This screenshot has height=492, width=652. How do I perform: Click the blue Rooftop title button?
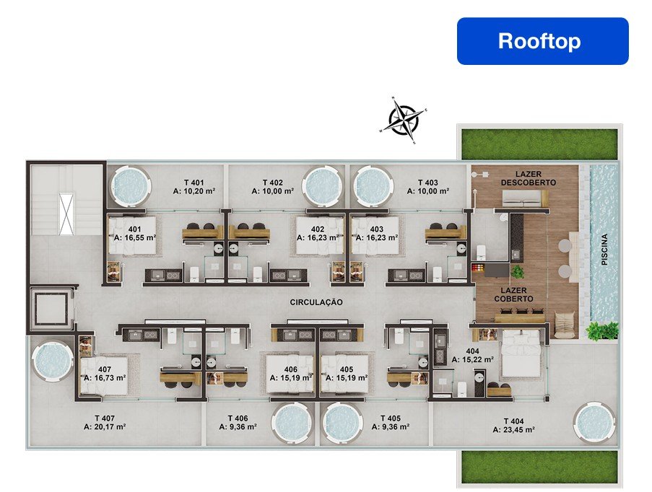[x=543, y=41]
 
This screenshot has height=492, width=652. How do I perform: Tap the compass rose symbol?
[x=402, y=120]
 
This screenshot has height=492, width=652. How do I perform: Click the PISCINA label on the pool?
[x=604, y=250]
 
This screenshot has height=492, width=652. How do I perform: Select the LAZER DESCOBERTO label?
[x=529, y=178]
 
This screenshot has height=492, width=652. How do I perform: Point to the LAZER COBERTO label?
[x=513, y=294]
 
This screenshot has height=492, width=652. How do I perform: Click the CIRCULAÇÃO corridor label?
[x=316, y=302]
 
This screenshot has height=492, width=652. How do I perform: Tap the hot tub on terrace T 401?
[x=129, y=185]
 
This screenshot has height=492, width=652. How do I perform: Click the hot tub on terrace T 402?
[x=323, y=185]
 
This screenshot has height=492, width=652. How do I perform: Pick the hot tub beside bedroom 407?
[x=52, y=360]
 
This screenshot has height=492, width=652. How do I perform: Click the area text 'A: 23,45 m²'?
[x=513, y=430]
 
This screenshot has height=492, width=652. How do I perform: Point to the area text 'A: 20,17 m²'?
[x=105, y=427]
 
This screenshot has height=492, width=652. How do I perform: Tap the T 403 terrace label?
[x=428, y=182]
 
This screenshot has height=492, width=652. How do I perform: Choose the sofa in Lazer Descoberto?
[x=526, y=198]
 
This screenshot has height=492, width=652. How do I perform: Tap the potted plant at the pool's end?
[x=601, y=330]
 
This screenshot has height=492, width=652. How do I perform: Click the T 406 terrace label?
[x=238, y=418]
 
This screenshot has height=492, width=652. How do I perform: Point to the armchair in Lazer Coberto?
[x=565, y=322]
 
